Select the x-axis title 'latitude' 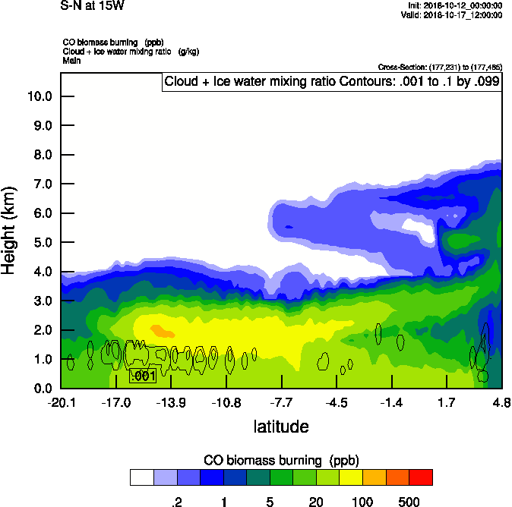[x=281, y=427]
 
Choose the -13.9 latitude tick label [x=172, y=402]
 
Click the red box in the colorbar [x=420, y=477]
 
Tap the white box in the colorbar [x=141, y=477]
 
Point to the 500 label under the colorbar [x=409, y=502]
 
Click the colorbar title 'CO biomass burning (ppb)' [x=281, y=461]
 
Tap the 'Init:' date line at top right [x=455, y=5]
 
